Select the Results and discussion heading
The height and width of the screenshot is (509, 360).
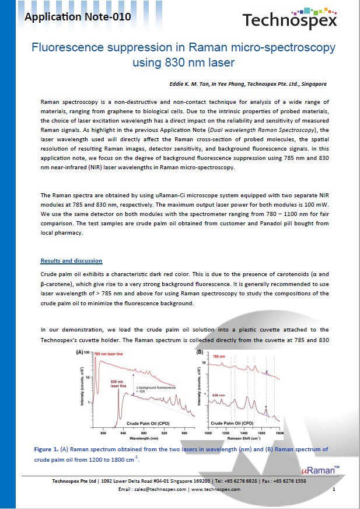(71, 260)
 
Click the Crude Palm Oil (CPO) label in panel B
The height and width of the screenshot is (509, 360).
(232, 422)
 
